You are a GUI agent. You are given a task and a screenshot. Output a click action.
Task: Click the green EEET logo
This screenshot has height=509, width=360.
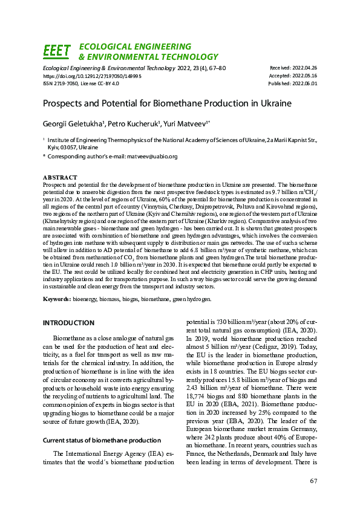pyautogui.click(x=57, y=51)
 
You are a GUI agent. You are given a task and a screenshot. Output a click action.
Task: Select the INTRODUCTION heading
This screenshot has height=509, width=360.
pyautogui.click(x=68, y=323)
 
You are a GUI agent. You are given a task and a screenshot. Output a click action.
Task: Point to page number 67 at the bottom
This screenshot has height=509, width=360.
pyautogui.click(x=313, y=481)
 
